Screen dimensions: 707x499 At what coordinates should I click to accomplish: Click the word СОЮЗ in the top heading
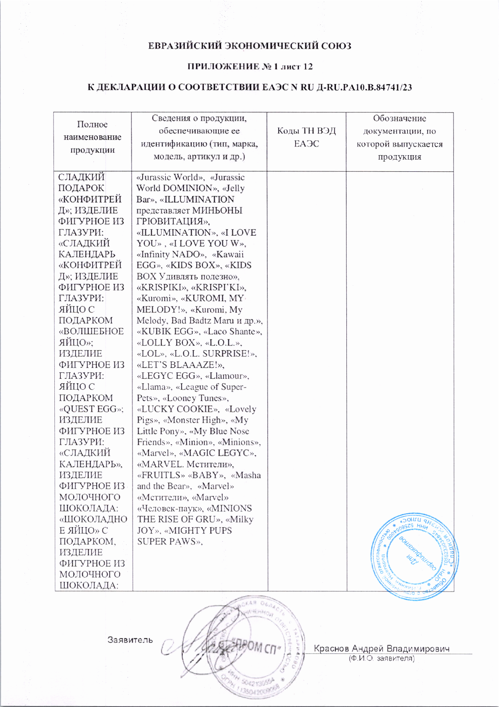click(336, 46)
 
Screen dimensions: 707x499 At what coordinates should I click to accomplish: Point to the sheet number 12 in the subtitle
click(308, 66)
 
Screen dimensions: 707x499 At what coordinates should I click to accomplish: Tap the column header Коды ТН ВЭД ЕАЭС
click(306, 137)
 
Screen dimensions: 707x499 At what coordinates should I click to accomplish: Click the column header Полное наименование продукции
click(92, 137)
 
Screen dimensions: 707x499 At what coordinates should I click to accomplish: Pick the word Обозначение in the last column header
click(399, 118)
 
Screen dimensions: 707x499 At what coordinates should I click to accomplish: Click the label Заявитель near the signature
click(130, 640)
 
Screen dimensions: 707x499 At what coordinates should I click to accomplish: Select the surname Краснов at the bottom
click(331, 649)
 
